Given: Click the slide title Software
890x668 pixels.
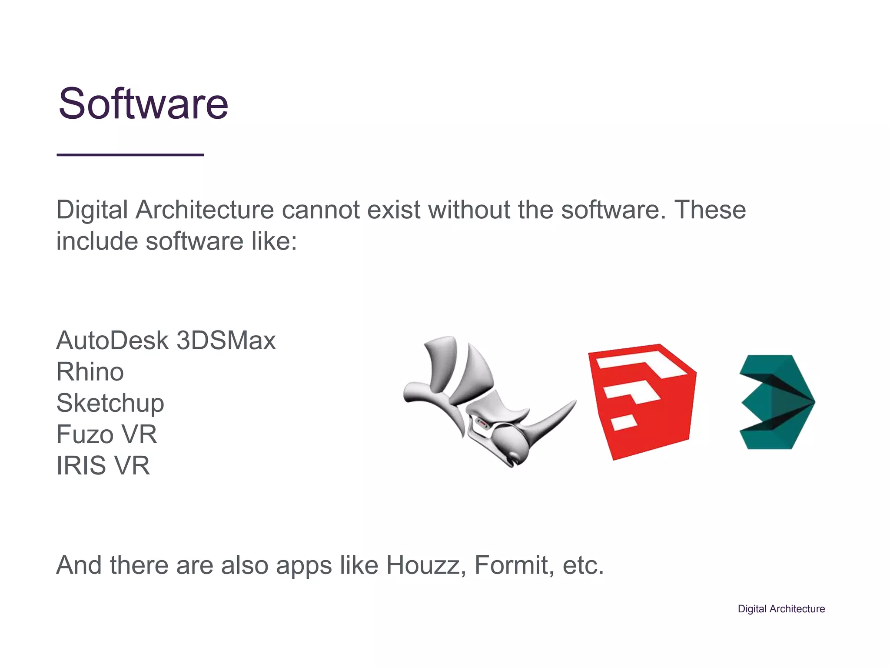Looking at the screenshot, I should click(143, 104).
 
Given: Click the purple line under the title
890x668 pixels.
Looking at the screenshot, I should click(130, 155).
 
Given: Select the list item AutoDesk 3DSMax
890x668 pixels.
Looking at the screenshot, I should click(166, 341).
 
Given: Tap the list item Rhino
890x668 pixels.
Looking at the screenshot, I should click(90, 372).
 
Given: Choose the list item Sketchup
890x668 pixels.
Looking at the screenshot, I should click(110, 403).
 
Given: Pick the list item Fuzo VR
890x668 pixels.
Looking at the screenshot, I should click(106, 434).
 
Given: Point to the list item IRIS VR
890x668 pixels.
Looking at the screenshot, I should click(103, 466).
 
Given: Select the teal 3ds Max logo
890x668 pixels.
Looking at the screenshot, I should click(777, 402).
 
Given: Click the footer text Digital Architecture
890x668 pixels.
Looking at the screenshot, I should click(781, 609).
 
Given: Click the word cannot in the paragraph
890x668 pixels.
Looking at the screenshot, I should click(320, 210).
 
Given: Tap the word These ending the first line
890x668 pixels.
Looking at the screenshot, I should click(710, 210).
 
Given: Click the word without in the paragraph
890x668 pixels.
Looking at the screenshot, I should click(469, 210).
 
